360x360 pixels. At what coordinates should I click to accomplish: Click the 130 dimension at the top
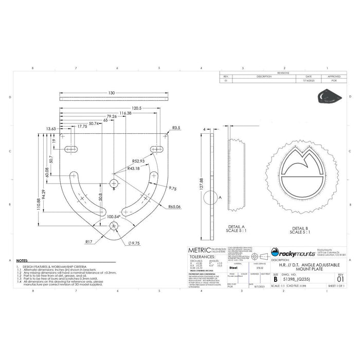pyautogui.click(x=112, y=93)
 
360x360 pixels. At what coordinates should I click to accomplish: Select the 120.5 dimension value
pyautogui.click(x=136, y=109)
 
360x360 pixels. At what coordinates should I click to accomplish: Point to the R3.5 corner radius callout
pyautogui.click(x=176, y=128)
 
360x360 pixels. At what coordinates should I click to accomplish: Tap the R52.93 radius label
pyautogui.click(x=138, y=161)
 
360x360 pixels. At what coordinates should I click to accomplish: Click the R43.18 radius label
pyautogui.click(x=135, y=168)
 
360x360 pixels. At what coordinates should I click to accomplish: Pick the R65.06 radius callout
pyautogui.click(x=174, y=207)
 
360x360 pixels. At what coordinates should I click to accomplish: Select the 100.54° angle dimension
pyautogui.click(x=114, y=217)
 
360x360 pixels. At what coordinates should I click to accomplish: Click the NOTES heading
pyautogui.click(x=22, y=261)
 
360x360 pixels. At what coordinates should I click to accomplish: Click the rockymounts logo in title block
pyautogui.click(x=293, y=252)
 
